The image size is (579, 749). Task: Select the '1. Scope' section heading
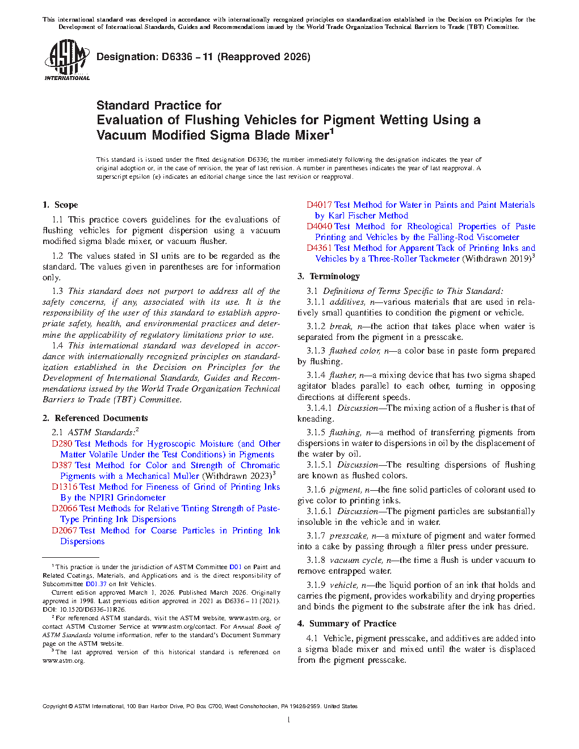click(60, 205)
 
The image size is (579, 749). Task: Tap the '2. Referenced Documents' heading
click(95, 418)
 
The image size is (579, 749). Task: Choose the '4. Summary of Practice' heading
click(347, 624)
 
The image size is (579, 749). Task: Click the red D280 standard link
click(62, 444)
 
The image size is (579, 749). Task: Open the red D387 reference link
click(62, 465)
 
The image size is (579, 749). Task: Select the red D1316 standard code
click(64, 487)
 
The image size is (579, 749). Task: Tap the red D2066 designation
click(64, 508)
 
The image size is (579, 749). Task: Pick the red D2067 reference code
click(64, 531)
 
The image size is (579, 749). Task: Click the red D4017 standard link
click(319, 205)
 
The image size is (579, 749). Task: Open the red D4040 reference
click(319, 226)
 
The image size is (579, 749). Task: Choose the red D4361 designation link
click(319, 248)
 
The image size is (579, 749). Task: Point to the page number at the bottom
click(289, 720)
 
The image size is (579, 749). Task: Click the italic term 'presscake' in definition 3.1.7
click(348, 536)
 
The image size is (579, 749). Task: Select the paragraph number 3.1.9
click(316, 585)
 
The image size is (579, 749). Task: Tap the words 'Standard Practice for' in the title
click(159, 106)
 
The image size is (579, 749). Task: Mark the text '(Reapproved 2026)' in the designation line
click(264, 57)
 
